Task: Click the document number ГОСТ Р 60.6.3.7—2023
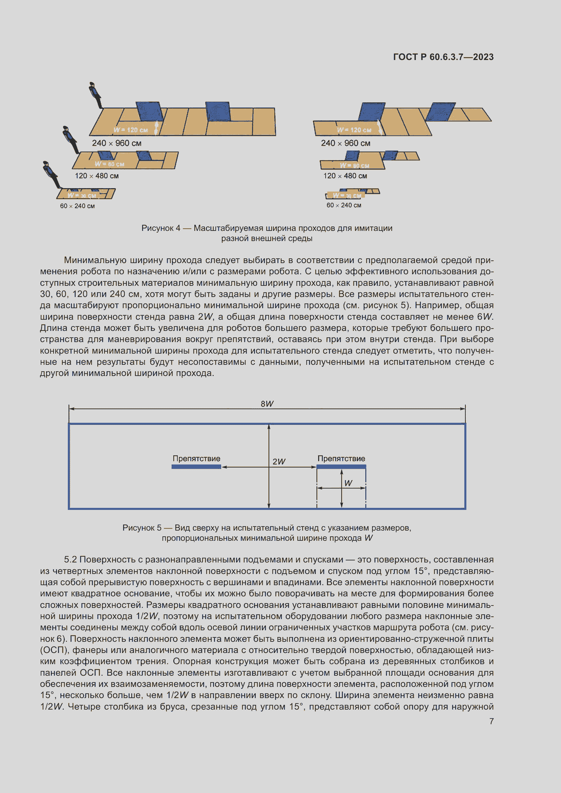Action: (x=443, y=57)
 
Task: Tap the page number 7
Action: (x=491, y=721)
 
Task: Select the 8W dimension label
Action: (x=267, y=404)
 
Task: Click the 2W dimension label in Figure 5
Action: (x=279, y=461)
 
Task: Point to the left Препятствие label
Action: (x=196, y=458)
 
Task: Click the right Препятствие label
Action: (x=341, y=458)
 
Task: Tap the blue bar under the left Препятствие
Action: (x=196, y=467)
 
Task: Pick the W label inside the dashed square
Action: (x=348, y=483)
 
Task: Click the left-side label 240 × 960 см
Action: (x=116, y=143)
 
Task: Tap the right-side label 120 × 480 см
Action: (x=345, y=176)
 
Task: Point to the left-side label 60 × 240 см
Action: (x=77, y=206)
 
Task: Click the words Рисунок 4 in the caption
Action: (x=161, y=228)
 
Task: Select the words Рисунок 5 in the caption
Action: (x=142, y=528)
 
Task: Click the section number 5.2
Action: (x=71, y=559)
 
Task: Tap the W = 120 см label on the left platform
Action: (x=131, y=130)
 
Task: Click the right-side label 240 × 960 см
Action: (x=345, y=143)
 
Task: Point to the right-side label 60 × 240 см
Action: (x=344, y=205)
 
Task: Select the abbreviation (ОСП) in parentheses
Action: (x=53, y=650)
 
